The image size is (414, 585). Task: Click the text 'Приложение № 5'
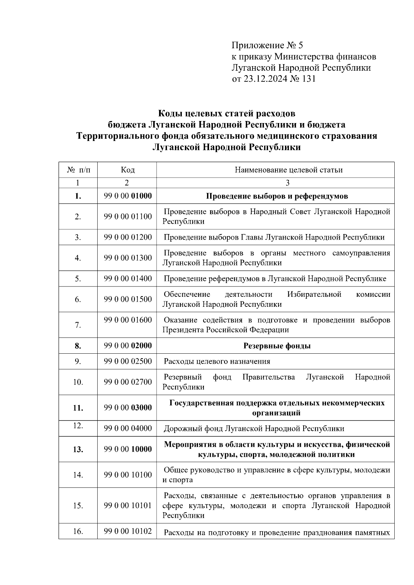click(267, 46)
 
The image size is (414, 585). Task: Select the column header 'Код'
click(128, 170)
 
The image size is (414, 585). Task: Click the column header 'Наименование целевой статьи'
click(288, 170)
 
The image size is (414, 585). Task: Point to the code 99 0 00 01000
click(128, 196)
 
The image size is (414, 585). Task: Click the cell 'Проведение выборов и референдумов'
click(277, 196)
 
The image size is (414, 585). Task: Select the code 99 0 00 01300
click(128, 258)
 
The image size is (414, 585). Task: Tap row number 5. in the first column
click(78, 279)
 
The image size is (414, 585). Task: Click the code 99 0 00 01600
click(128, 320)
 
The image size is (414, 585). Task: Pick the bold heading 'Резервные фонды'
click(277, 346)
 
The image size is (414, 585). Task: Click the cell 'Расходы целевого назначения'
click(217, 361)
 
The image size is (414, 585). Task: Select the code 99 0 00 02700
click(128, 382)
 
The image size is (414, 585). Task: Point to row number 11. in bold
click(78, 408)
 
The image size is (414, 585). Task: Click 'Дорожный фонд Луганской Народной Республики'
click(254, 428)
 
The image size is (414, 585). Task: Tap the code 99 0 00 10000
click(128, 449)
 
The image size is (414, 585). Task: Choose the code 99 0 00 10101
click(128, 506)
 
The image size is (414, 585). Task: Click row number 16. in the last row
click(78, 532)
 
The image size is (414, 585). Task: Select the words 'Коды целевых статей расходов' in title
click(227, 113)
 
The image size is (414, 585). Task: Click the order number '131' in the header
click(309, 79)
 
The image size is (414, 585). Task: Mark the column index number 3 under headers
click(287, 183)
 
